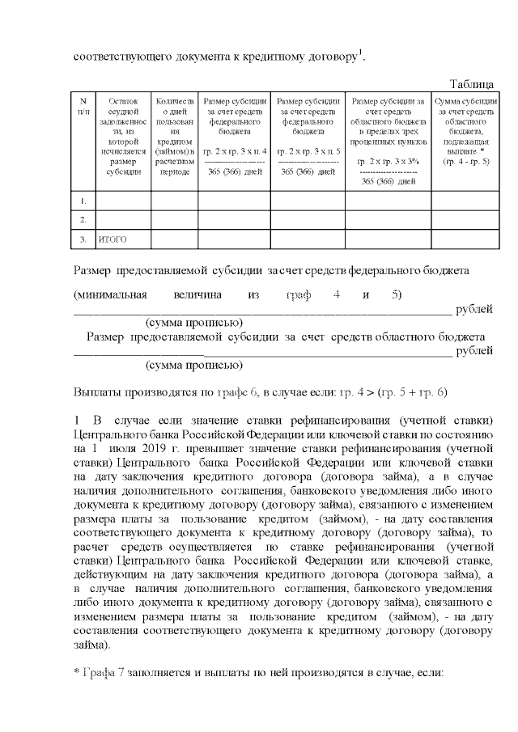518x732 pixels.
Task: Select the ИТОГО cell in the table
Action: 112,239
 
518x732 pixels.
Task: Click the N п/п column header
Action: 83,105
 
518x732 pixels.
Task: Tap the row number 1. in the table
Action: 84,200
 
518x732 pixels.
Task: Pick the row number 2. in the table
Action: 84,220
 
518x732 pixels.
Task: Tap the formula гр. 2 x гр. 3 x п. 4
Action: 234,152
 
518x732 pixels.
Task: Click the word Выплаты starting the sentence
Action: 100,391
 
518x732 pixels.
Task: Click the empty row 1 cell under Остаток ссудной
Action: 123,200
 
